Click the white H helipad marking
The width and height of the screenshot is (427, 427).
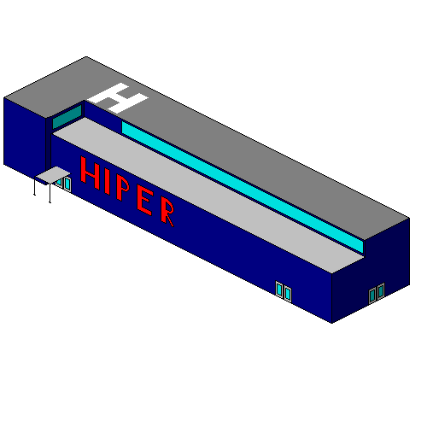(117, 98)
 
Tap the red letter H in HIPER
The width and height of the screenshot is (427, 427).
(91, 173)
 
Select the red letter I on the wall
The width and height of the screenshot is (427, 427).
(108, 183)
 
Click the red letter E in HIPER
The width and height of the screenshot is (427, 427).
(145, 202)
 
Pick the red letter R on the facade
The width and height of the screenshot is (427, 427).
(167, 211)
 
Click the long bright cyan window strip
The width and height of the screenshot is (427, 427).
(243, 187)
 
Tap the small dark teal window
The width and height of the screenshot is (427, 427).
(67, 117)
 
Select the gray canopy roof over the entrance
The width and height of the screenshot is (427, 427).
(53, 175)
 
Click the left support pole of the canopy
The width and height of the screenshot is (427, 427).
(35, 186)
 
